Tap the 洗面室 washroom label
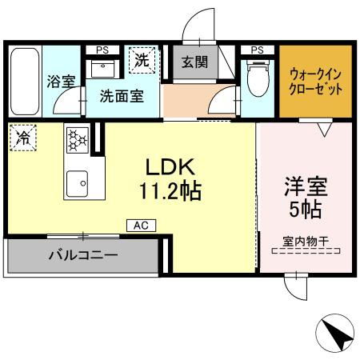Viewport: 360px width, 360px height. (x=122, y=95)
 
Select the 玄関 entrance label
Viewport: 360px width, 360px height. (x=194, y=62)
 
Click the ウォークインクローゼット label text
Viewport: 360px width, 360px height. (x=315, y=81)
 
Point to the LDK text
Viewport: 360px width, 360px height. (x=170, y=167)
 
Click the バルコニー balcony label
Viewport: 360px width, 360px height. (x=83, y=257)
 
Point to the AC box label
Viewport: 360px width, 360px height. (x=139, y=226)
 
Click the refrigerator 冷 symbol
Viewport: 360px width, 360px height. (x=22, y=137)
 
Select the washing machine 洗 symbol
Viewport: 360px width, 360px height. (x=142, y=59)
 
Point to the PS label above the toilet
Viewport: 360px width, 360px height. (x=257, y=50)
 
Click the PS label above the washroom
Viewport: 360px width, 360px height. (x=102, y=50)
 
